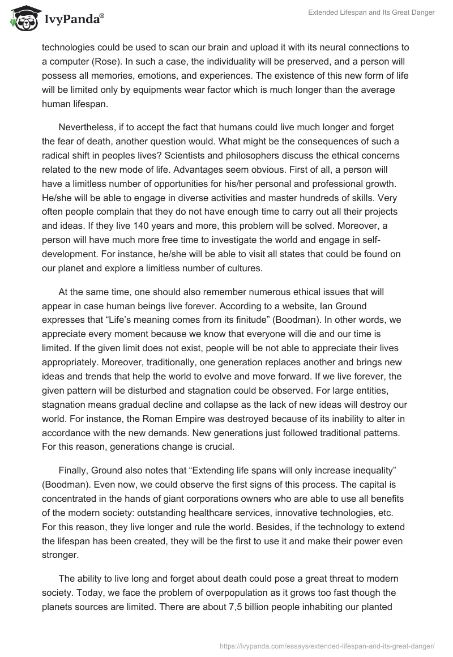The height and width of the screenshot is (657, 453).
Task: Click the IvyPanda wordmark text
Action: tap(72, 20)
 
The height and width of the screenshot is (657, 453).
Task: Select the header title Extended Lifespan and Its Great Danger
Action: tap(371, 13)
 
